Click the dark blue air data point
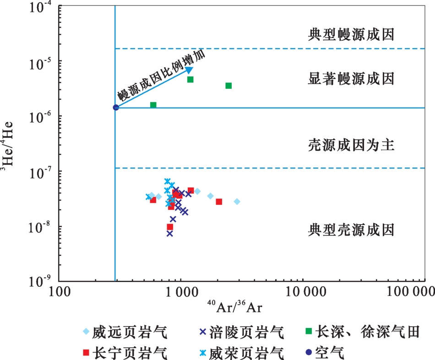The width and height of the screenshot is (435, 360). (116, 107)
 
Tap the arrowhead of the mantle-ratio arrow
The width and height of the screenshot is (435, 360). (189, 70)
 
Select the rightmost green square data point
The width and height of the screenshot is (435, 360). (228, 86)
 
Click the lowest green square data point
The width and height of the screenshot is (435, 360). (153, 105)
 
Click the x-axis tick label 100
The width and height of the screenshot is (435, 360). (60, 291)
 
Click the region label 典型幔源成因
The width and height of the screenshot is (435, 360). (351, 34)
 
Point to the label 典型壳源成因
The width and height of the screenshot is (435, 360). (351, 230)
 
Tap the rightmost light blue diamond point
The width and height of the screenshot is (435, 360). (237, 202)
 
